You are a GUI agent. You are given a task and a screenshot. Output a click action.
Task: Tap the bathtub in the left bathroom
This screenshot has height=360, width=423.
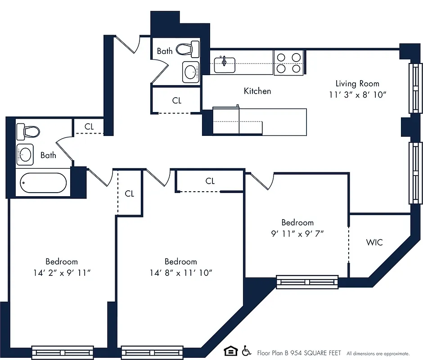[x=44, y=183]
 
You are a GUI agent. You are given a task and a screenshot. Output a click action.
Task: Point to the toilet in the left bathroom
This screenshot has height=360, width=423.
[x=27, y=132]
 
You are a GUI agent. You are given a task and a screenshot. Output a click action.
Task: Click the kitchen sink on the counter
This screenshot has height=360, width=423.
[x=225, y=64]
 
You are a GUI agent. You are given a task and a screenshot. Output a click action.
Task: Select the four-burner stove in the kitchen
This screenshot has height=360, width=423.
[x=288, y=63]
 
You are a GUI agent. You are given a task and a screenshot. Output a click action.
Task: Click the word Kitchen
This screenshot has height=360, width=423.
[x=257, y=91]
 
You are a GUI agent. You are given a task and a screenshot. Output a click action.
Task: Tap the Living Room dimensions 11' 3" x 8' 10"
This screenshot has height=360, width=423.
[x=357, y=95]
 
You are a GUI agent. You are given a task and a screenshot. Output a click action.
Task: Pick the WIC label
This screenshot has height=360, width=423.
[x=374, y=243]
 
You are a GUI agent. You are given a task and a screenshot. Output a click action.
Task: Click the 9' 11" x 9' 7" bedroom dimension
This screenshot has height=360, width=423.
[x=297, y=234]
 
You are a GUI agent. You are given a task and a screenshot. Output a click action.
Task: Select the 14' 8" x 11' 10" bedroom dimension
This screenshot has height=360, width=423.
[x=180, y=273]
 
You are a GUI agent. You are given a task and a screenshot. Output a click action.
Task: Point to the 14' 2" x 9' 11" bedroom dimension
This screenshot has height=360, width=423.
[x=61, y=273]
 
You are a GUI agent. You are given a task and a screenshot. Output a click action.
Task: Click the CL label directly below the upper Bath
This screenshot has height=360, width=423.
[x=177, y=101]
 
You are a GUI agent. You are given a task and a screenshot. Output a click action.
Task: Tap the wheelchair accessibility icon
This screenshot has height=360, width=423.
[x=246, y=351]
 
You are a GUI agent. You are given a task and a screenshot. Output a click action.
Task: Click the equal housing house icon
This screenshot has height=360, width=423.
[x=230, y=351]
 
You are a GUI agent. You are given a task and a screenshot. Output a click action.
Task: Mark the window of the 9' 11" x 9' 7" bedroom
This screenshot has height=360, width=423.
[x=307, y=282]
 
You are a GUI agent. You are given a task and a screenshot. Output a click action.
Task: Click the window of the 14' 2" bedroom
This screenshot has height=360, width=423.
[x=63, y=352]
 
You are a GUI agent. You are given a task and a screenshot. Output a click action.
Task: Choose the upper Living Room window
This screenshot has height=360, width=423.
[x=415, y=88]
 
